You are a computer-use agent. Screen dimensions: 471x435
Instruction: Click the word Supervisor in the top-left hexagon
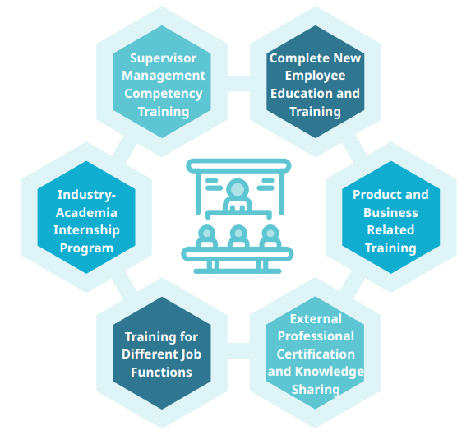[x=163, y=58]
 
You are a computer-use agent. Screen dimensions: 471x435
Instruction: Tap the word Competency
[x=164, y=94]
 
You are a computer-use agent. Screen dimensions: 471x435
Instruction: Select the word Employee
[x=315, y=76]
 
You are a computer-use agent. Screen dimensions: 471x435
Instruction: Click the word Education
[x=302, y=94]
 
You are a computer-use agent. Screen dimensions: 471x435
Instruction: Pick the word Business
[x=390, y=213]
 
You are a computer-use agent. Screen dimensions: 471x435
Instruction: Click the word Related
[x=390, y=230]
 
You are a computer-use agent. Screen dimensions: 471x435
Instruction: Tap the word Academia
[x=86, y=213]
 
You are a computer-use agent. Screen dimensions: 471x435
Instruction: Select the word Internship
[x=86, y=230]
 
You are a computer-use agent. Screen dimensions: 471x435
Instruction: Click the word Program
[x=86, y=248]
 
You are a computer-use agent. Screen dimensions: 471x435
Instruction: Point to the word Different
[x=147, y=354]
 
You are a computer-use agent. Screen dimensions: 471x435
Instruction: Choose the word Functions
[x=161, y=373]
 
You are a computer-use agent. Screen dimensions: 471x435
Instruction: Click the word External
[x=316, y=319]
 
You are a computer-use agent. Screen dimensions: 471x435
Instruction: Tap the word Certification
[x=316, y=354]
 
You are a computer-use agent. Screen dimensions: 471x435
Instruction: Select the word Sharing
[x=316, y=390]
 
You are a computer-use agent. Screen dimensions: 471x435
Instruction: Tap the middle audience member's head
[x=238, y=233]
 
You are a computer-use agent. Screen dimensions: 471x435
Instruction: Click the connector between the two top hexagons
[x=239, y=84]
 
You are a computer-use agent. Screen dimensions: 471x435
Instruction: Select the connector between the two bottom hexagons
[x=239, y=351]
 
